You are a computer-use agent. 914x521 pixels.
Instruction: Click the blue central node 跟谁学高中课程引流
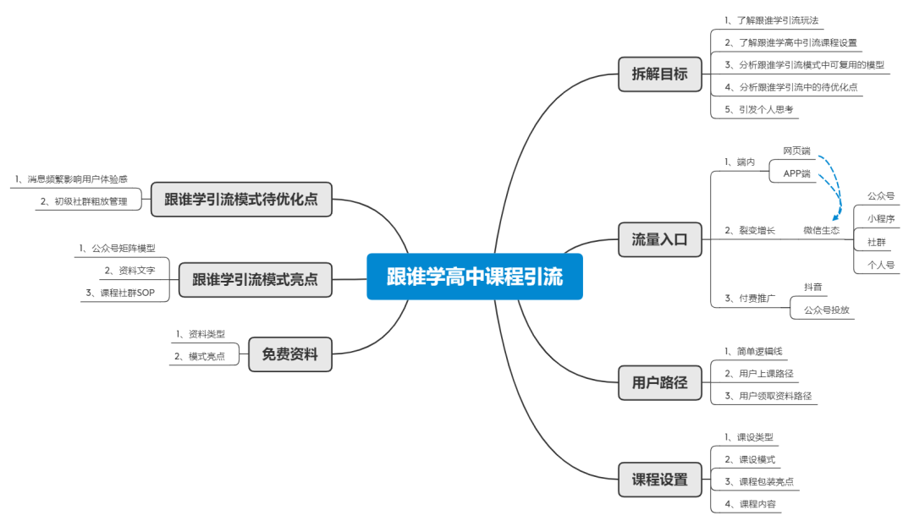click(x=475, y=277)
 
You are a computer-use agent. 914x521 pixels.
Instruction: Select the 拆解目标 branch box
click(x=659, y=74)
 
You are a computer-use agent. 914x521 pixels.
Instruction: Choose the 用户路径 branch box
click(x=659, y=382)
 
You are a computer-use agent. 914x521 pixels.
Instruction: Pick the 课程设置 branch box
click(x=659, y=480)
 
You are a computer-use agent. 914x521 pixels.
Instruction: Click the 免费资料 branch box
click(x=289, y=354)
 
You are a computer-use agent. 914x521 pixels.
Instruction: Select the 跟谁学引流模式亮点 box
click(x=255, y=279)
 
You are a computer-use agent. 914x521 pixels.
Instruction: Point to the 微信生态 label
click(x=821, y=230)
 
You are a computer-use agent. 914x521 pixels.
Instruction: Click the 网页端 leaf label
click(x=796, y=151)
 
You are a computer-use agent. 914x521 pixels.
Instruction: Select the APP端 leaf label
click(x=796, y=173)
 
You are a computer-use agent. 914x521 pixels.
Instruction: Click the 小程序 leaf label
click(x=880, y=218)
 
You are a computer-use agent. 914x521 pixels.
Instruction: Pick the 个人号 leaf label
click(x=880, y=265)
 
